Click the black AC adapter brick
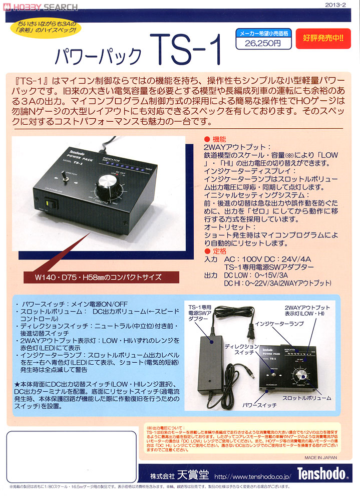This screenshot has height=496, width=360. [x=213, y=346]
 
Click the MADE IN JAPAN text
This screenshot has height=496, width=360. [x=320, y=458]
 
